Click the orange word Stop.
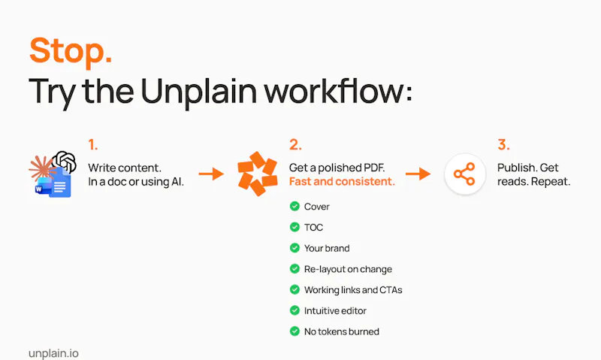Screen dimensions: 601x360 coord(71,50)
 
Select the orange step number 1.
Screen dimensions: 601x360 coord(92,144)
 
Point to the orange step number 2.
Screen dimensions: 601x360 coord(295,144)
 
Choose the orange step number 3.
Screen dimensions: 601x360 coord(503,144)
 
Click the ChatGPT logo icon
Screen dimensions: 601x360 coord(65,162)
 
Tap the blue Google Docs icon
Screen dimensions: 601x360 coord(61,183)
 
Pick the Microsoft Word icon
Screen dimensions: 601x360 coord(43,186)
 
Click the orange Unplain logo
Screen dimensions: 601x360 coord(258,174)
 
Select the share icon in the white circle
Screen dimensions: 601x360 coord(464,174)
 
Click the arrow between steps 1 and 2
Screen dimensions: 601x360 coord(211,174)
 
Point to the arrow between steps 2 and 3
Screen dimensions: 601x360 coord(418,174)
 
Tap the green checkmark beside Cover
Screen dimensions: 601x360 coord(294,206)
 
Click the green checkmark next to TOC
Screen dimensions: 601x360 coord(294,227)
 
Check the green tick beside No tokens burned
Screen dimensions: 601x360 coord(294,331)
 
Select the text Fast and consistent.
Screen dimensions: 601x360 coord(342,181)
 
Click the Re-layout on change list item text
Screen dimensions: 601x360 coord(348,269)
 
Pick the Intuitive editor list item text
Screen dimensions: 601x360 coord(335,310)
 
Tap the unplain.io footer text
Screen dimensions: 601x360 coord(53,353)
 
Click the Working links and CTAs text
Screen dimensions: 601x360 coord(353,290)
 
